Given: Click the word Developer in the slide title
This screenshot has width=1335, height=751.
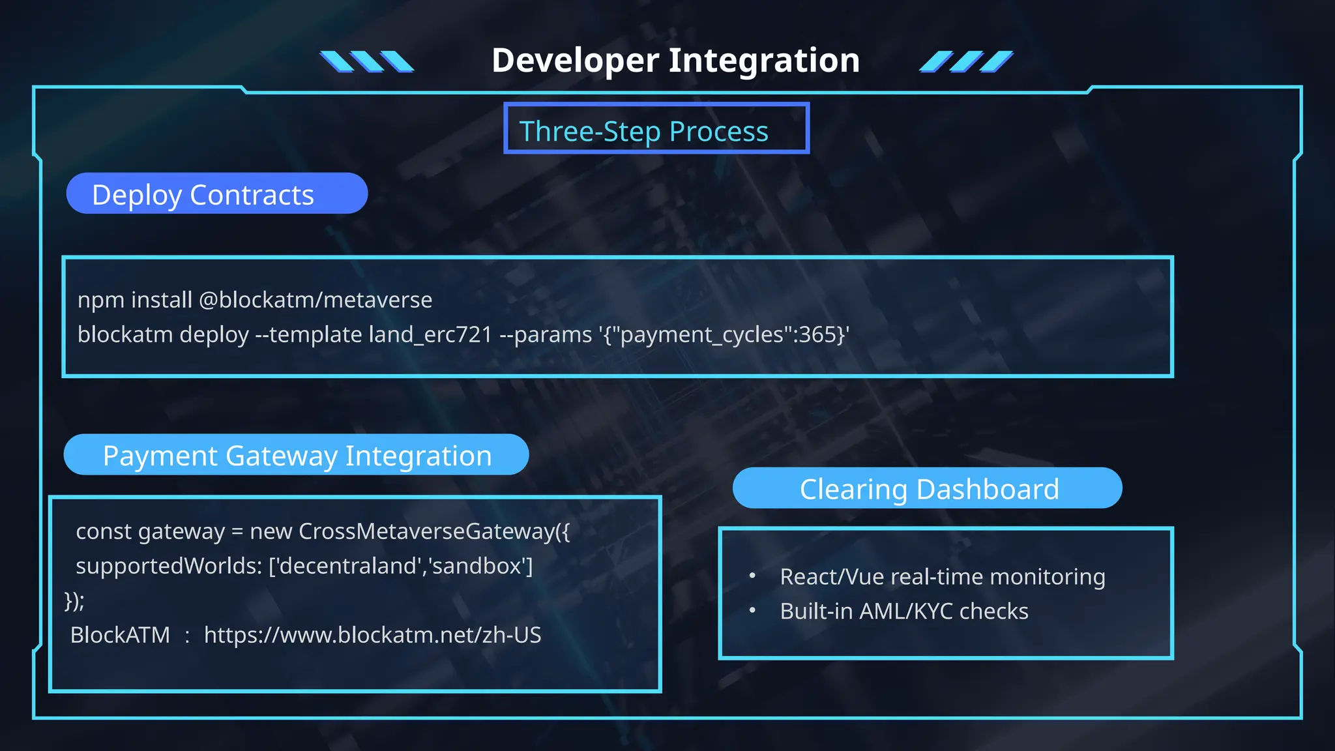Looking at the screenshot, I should pos(575,61).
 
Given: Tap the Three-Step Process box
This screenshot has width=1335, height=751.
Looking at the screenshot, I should pos(656,128).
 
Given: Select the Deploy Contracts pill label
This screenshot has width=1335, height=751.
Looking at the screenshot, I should pos(216,194).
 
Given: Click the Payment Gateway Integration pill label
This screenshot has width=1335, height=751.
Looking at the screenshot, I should pos(296,455).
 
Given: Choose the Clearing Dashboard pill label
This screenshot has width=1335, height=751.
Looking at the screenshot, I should pos(928,488).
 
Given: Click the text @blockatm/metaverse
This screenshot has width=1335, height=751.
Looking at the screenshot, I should pos(315,300).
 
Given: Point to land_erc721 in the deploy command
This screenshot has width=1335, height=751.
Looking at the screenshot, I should pos(430,334).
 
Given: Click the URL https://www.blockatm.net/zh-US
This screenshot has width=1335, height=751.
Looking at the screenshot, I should pos(372,635).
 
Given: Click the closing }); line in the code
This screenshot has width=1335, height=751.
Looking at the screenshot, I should pos(74,600).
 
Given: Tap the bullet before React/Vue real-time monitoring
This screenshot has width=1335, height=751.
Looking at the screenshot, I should pos(752,576).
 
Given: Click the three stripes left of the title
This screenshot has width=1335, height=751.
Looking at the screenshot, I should pos(366,61).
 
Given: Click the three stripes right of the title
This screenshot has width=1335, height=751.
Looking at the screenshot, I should pos(966,61).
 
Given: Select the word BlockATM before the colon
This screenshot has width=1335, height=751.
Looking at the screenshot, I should pos(120,635).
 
